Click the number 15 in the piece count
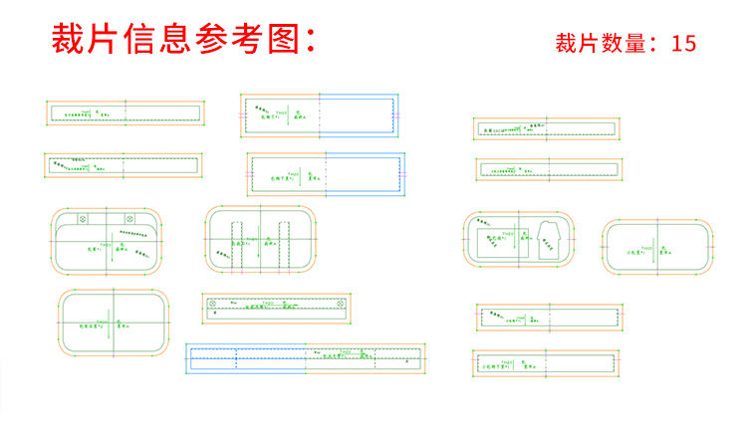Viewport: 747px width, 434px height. [x=683, y=44]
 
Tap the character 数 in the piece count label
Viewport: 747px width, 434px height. [x=610, y=44]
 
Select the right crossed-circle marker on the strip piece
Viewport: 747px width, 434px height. [x=341, y=302]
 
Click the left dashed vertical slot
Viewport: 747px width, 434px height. [x=237, y=242]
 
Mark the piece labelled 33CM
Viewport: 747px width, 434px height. [x=547, y=129]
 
